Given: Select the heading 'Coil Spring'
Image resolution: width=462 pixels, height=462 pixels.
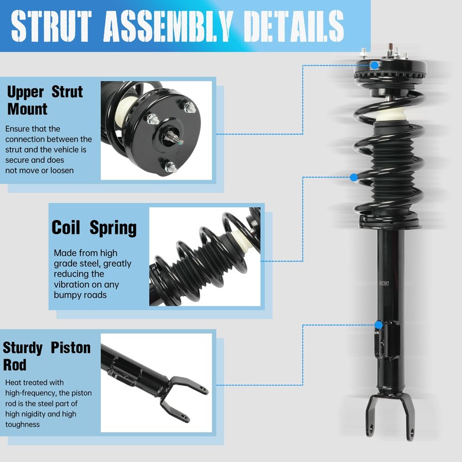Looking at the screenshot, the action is pyautogui.click(x=94, y=227).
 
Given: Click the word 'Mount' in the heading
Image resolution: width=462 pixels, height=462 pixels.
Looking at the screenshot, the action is pyautogui.click(x=27, y=108).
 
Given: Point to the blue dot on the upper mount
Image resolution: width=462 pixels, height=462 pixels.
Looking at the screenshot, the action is pyautogui.click(x=375, y=65).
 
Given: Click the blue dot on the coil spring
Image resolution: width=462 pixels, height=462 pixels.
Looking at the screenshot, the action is pyautogui.click(x=354, y=177).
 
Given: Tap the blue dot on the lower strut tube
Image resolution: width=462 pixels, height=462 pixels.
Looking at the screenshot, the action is pyautogui.click(x=378, y=325).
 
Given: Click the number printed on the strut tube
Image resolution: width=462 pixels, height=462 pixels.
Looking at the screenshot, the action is pyautogui.click(x=384, y=284).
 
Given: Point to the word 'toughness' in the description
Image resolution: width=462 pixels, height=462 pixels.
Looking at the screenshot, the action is pyautogui.click(x=23, y=424).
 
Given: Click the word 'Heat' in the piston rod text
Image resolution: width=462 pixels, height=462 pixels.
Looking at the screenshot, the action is pyautogui.click(x=15, y=382).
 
